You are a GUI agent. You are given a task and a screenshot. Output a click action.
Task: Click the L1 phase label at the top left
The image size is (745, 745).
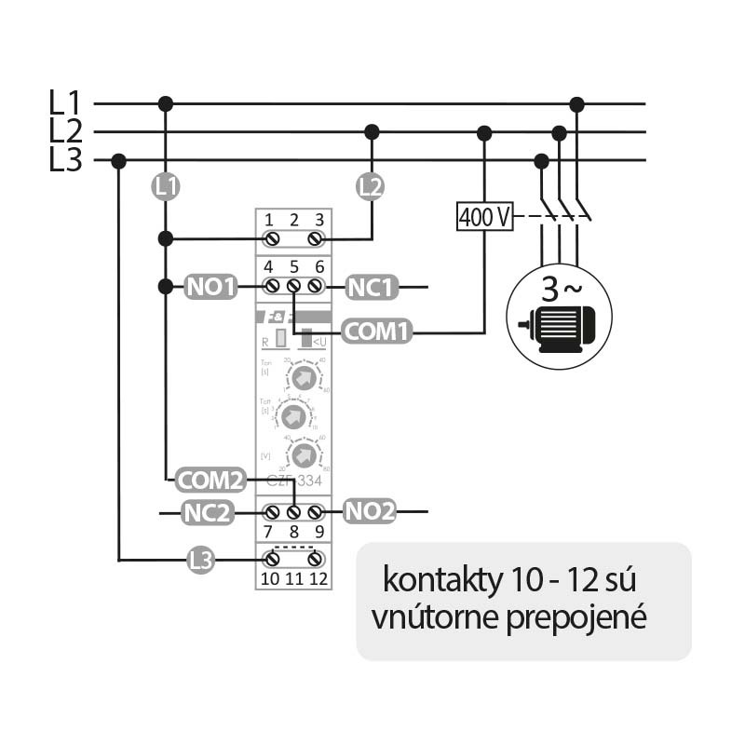click(x=65, y=102)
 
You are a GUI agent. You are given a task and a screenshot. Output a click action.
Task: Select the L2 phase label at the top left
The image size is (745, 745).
click(x=65, y=130)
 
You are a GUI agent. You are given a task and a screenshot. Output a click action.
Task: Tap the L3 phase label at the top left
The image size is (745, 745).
click(x=65, y=160)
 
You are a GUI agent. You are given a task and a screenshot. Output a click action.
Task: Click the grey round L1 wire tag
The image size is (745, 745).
click(x=166, y=186)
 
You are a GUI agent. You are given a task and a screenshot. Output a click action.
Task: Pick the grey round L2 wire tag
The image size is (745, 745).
click(x=371, y=186)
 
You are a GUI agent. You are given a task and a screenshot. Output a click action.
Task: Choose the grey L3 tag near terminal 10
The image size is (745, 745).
click(x=200, y=560)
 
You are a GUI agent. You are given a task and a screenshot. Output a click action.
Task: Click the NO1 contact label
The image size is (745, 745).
click(x=211, y=287)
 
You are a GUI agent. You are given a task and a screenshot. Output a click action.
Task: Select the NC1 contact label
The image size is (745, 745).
click(x=372, y=287)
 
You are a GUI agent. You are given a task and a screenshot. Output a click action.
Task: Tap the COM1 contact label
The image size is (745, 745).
click(x=376, y=331)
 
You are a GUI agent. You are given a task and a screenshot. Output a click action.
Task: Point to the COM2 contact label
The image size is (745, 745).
click(x=210, y=481)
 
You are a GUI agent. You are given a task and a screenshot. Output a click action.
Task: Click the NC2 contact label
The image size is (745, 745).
click(x=208, y=511)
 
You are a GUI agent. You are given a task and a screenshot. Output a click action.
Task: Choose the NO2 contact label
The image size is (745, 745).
click(x=370, y=511)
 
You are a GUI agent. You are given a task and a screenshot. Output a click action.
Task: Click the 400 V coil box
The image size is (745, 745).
click(x=484, y=217)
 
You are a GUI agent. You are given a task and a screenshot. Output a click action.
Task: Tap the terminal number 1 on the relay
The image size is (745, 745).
click(x=269, y=220)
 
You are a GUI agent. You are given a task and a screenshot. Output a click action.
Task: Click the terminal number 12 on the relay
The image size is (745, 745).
click(x=318, y=579)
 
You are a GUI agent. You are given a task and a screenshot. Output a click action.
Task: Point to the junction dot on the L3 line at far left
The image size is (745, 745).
click(x=118, y=160)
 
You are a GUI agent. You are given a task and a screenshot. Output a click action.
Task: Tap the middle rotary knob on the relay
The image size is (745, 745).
click(x=293, y=416)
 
